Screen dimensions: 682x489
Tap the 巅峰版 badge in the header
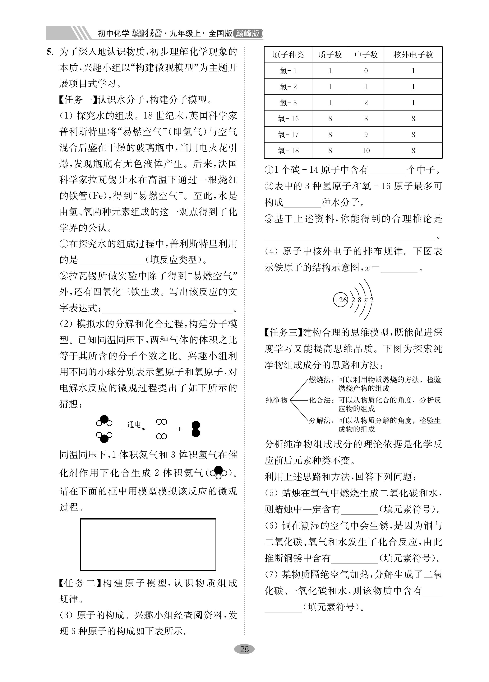coord(248,33)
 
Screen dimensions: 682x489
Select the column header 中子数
coord(366,55)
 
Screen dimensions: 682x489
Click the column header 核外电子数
coord(413,55)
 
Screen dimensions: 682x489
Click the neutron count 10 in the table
coord(366,150)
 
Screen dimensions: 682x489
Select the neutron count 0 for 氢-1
coord(366,71)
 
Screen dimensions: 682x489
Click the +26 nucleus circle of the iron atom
coord(340,300)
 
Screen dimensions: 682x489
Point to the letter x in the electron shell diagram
coord(366,300)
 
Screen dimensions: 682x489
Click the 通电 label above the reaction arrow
coord(134,424)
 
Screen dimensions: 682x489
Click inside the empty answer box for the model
coord(148,545)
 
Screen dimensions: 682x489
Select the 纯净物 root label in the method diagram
coord(276,400)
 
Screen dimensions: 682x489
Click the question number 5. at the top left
coord(50,52)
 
